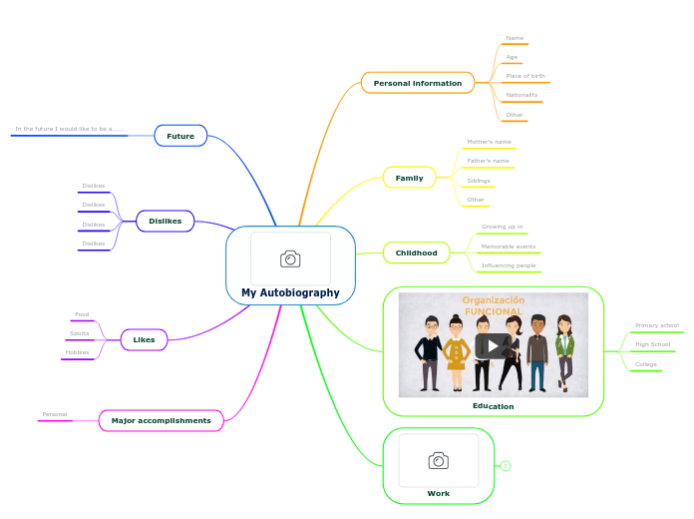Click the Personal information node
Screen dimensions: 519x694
[x=417, y=83]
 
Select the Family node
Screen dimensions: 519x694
[x=409, y=178]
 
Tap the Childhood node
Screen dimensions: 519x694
[x=416, y=253]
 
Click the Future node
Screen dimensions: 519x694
[x=180, y=136]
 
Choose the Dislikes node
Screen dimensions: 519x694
[x=165, y=221]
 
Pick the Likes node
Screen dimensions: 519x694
[x=144, y=339]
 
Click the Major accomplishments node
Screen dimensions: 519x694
[x=161, y=420]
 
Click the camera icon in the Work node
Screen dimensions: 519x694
[x=438, y=460]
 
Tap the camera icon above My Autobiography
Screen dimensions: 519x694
[x=290, y=259]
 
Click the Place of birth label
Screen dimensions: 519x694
[x=525, y=76]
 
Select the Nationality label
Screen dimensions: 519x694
[x=521, y=95]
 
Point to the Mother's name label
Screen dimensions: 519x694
[x=489, y=142]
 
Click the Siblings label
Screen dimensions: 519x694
[x=479, y=181]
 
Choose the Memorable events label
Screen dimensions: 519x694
[x=509, y=246]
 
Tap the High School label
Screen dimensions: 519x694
[x=652, y=344]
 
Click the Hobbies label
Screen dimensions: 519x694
[x=77, y=352]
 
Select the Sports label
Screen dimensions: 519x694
[x=79, y=333]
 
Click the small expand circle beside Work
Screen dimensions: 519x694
[x=506, y=466]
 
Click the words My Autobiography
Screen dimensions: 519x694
[x=290, y=292]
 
